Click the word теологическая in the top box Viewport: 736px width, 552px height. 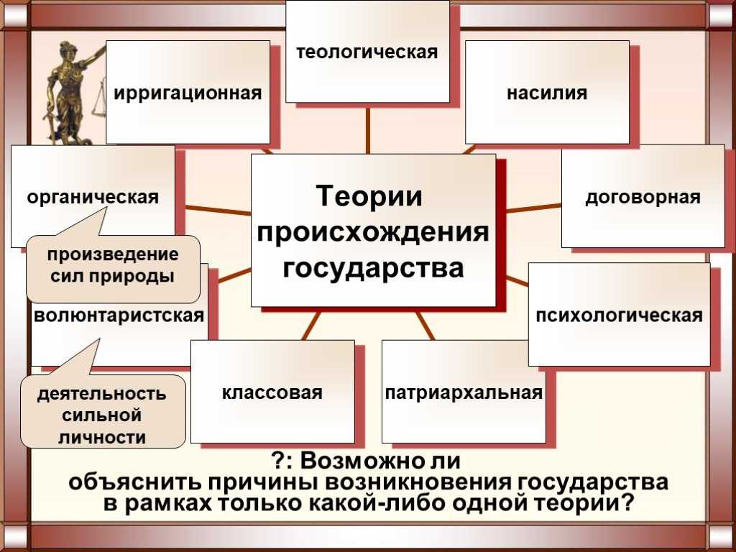point(367,52)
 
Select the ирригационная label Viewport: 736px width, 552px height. point(188,93)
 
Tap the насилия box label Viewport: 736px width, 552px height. point(547,93)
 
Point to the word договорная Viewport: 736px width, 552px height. point(643,197)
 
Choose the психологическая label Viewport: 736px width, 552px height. point(619,316)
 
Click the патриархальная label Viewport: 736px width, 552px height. point(464,392)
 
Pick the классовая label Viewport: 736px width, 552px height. point(272,392)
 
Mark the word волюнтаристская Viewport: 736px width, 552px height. point(119,316)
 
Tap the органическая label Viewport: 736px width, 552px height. point(93,197)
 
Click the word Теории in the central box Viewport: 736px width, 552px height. point(369,195)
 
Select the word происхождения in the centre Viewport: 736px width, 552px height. point(373,232)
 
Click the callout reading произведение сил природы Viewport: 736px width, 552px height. point(113,269)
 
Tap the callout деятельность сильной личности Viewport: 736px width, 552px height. point(103,411)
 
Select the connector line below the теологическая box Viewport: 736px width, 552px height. point(367,129)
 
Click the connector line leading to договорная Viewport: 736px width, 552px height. point(534,208)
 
